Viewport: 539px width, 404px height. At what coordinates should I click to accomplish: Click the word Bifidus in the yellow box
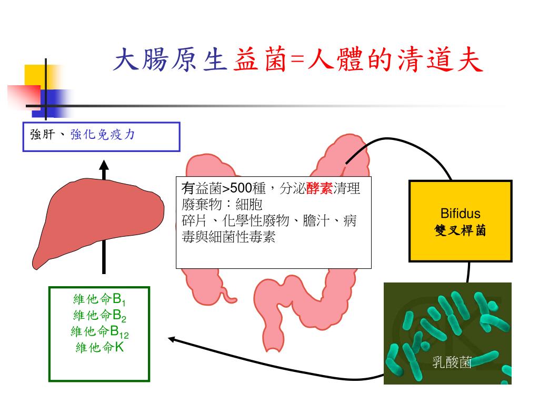pyautogui.click(x=460, y=214)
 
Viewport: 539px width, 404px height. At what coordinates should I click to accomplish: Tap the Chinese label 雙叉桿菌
pyautogui.click(x=460, y=230)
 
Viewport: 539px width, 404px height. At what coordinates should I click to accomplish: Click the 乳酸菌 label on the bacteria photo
pyautogui.click(x=451, y=362)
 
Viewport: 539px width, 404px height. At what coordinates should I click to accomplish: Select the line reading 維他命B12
pyautogui.click(x=99, y=331)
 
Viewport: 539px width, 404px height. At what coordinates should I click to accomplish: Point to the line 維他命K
pyautogui.click(x=99, y=347)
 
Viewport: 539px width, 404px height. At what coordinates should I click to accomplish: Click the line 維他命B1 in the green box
pyautogui.click(x=99, y=300)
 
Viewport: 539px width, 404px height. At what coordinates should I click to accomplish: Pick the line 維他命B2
pyautogui.click(x=99, y=316)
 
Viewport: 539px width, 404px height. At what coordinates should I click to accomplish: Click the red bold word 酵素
pyautogui.click(x=320, y=189)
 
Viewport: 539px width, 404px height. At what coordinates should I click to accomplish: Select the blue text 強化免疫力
pyautogui.click(x=103, y=135)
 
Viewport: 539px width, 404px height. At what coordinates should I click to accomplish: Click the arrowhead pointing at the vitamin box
pyautogui.click(x=173, y=339)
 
